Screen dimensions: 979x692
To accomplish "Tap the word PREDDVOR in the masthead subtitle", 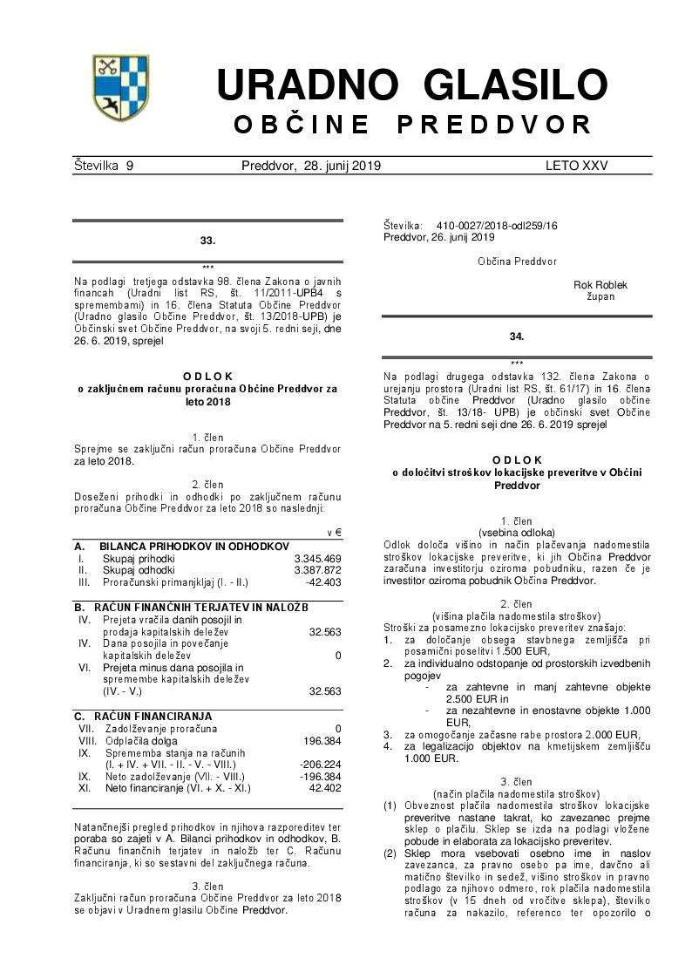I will click(x=494, y=125).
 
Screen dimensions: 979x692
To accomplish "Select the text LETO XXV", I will click(x=576, y=166).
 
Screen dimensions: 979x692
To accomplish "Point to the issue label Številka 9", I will click(x=104, y=166).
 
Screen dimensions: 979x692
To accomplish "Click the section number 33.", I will click(x=207, y=240).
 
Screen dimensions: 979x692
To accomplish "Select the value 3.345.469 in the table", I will click(x=317, y=558).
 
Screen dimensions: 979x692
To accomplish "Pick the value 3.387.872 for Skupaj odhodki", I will click(x=317, y=570).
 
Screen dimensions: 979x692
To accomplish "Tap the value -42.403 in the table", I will click(x=323, y=582).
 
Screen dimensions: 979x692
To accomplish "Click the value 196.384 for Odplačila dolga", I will click(x=321, y=740).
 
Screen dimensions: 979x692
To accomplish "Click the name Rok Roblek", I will click(x=600, y=285).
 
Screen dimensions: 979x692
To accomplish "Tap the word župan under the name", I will click(x=600, y=296).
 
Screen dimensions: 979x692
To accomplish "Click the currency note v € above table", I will click(x=334, y=532).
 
